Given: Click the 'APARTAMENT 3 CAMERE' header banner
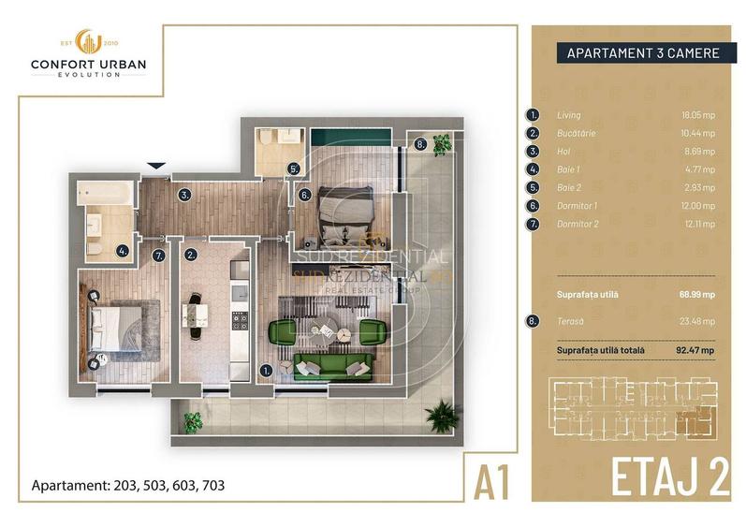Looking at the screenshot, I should click(643, 53).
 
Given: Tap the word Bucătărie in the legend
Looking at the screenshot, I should click(578, 134).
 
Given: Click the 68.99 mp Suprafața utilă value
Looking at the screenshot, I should click(697, 294).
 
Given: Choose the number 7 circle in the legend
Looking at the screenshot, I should click(534, 224).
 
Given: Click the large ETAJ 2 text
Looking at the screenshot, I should click(670, 476).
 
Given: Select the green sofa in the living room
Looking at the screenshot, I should click(328, 366).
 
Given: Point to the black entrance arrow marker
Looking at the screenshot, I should click(157, 167).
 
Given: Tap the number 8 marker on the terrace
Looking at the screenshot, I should click(420, 144).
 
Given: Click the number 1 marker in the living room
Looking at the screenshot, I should click(267, 370).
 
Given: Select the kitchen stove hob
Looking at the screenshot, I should click(239, 323).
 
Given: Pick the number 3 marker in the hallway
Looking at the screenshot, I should click(185, 196).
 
